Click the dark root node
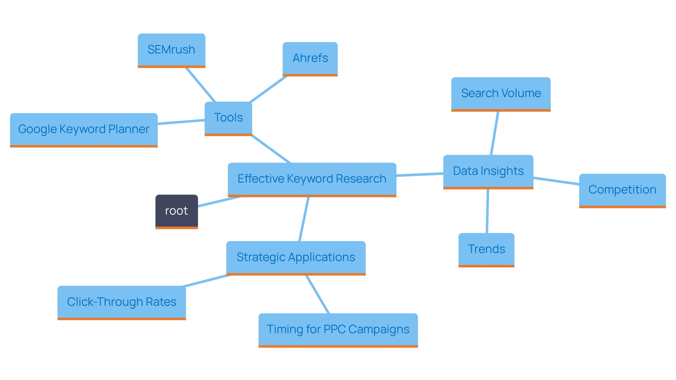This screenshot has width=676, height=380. [176, 211]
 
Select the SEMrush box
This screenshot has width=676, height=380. [171, 50]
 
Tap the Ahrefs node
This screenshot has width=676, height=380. [310, 58]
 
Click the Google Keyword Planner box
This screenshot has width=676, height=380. [84, 129]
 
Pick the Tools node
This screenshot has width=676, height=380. [228, 118]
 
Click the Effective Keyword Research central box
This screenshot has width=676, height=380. [312, 179]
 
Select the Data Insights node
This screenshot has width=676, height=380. [488, 171]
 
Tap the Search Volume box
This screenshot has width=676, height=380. [501, 94]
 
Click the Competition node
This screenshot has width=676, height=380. [622, 190]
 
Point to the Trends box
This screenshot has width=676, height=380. [486, 249]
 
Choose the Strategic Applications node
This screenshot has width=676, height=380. [296, 258]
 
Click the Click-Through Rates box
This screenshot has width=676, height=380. [121, 302]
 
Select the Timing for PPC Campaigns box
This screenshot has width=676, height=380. [338, 330]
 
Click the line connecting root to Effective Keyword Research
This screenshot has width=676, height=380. [219, 201]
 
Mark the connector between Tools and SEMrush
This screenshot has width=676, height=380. [200, 84]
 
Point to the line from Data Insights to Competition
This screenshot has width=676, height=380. [556, 181]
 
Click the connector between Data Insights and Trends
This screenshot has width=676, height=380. [487, 211]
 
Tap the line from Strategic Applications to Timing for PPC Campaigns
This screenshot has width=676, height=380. [318, 294]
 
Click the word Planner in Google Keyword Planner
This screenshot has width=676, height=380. [129, 129]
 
